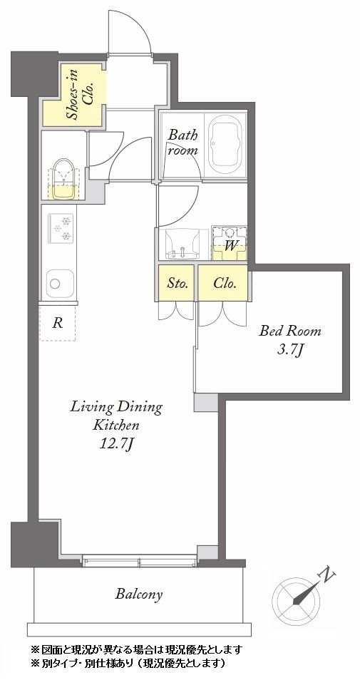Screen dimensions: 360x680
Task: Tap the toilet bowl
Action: tap(63, 178)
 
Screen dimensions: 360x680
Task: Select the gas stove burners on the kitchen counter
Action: tap(61, 229)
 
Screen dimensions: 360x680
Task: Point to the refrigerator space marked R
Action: tap(57, 323)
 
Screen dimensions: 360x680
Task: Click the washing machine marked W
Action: tap(229, 243)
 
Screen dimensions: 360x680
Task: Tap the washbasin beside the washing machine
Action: tap(183, 244)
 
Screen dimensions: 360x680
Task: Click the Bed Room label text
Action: tap(290, 331)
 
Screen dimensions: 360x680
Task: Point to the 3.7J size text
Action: tap(289, 350)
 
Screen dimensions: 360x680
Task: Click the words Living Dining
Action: tap(116, 408)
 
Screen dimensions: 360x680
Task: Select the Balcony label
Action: tap(139, 594)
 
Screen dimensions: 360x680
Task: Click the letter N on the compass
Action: tap(327, 576)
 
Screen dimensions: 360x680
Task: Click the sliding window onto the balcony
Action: tap(140, 561)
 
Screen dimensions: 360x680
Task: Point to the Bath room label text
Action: tap(183, 143)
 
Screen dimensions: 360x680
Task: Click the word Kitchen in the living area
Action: tap(116, 425)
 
